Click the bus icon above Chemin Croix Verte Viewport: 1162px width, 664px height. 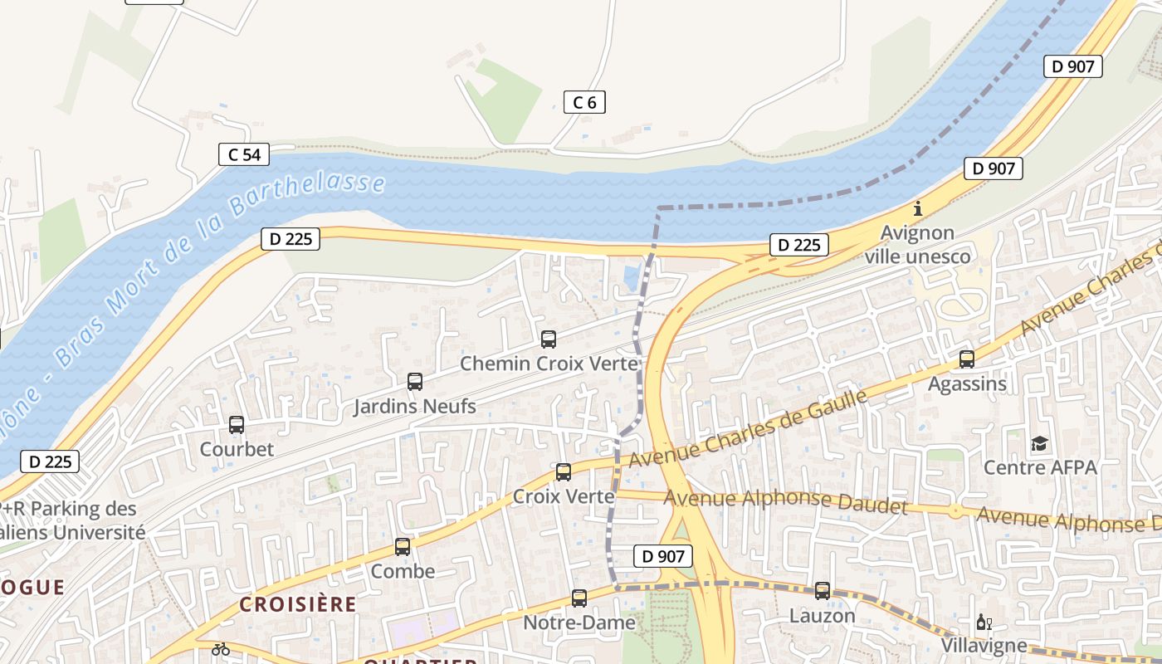[x=548, y=339]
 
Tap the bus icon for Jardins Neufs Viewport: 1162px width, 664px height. [x=415, y=382]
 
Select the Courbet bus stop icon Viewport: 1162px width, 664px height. [x=237, y=425]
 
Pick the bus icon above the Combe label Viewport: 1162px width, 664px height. [x=403, y=547]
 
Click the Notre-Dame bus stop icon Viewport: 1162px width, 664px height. [x=579, y=598]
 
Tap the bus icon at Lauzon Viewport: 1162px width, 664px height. [x=822, y=591]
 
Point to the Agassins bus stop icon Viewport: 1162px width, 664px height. [x=967, y=359]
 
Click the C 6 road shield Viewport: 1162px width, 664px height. [x=584, y=102]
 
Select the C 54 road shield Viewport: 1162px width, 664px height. [x=244, y=154]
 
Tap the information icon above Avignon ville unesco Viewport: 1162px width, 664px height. [x=917, y=209]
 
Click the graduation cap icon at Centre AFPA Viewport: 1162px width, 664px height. [x=1039, y=444]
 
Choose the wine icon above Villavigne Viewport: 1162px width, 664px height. [x=984, y=622]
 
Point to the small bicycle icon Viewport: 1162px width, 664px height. [x=220, y=649]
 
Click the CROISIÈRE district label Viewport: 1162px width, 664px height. [x=297, y=604]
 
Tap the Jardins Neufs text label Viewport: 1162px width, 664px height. [x=415, y=406]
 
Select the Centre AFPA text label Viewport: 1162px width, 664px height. [x=1040, y=467]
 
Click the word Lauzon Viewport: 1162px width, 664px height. [x=822, y=616]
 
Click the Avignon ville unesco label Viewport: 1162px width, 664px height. [x=917, y=245]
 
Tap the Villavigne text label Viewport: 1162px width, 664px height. [x=984, y=645]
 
